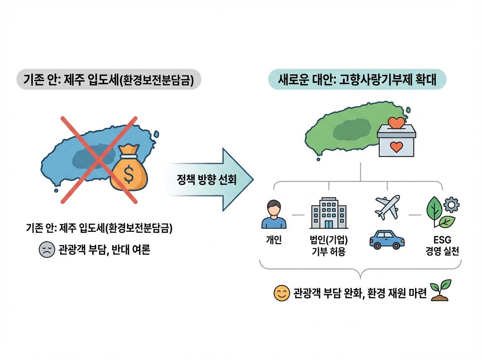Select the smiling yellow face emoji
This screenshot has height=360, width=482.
[x=282, y=293]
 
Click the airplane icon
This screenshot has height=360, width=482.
[x=386, y=207]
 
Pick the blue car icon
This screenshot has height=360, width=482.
[x=386, y=239]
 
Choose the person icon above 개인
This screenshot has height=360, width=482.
[x=274, y=215]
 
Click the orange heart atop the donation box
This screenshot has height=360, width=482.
[x=396, y=122]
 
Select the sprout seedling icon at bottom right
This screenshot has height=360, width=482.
[x=441, y=291]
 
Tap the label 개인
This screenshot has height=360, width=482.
[x=274, y=240]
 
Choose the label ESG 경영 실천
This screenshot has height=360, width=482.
[x=442, y=246]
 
